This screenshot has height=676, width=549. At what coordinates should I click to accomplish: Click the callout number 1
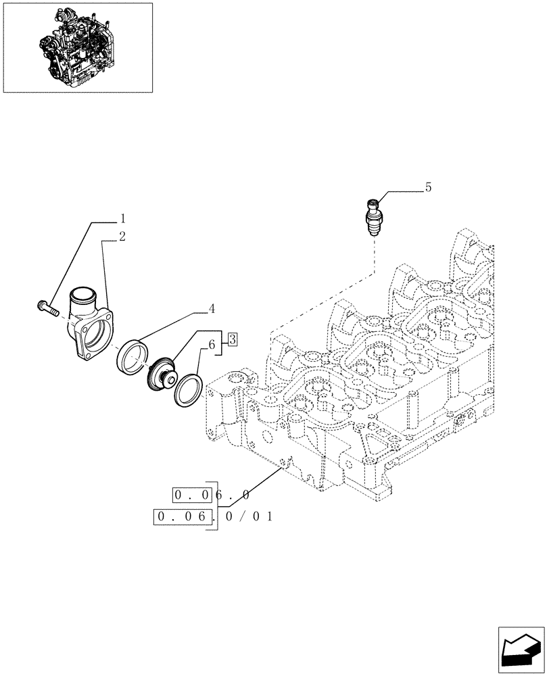click(x=122, y=218)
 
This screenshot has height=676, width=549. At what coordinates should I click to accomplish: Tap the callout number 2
click(x=122, y=237)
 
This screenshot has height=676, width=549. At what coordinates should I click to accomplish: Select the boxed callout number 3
click(x=232, y=339)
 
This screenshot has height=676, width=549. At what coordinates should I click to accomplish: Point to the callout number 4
click(x=212, y=308)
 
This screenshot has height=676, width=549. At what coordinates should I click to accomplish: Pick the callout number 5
click(x=428, y=187)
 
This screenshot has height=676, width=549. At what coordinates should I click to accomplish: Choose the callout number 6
click(x=212, y=345)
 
